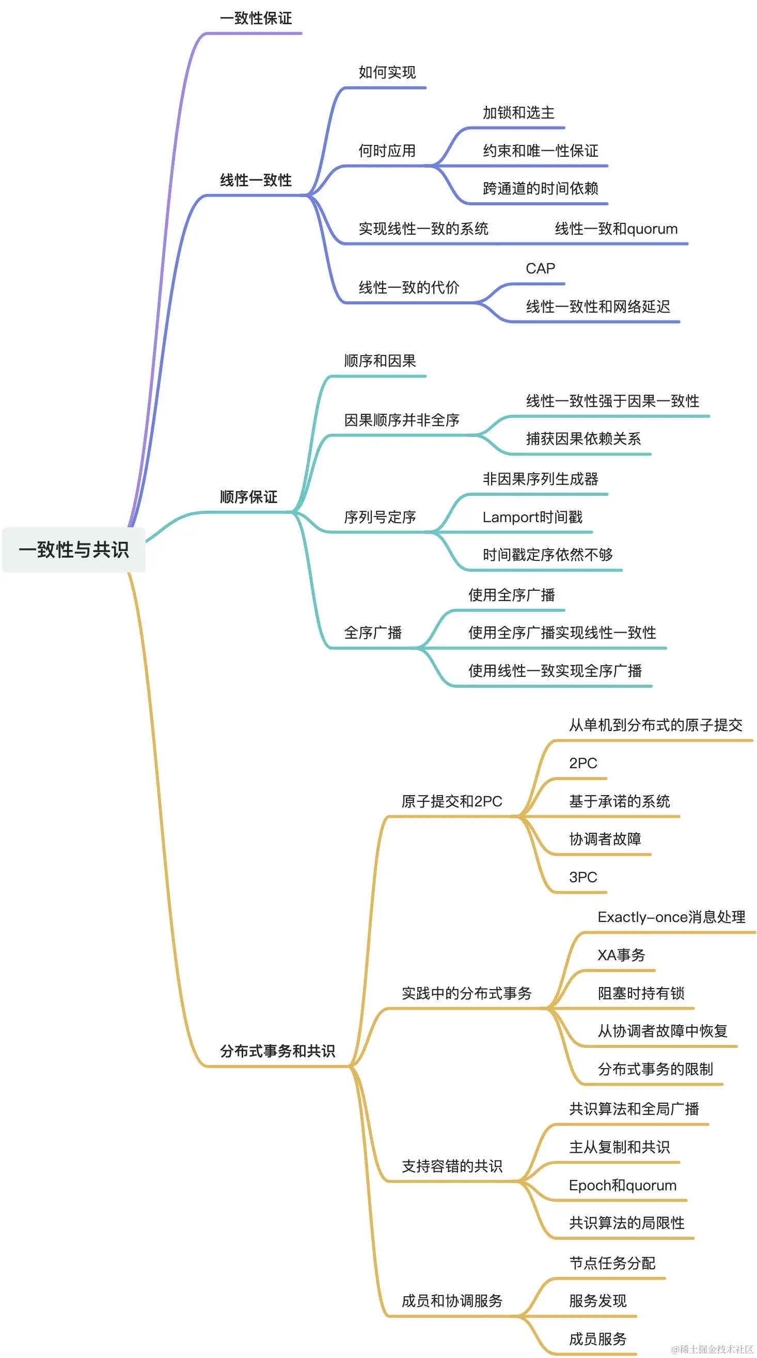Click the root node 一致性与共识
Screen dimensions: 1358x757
74,549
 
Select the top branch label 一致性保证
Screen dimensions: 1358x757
256,19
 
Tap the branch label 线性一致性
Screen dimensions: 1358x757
256,180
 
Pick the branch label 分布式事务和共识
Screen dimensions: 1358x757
277,1050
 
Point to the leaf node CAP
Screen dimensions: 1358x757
540,269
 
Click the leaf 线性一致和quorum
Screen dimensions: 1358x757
616,229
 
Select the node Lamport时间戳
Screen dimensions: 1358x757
532,517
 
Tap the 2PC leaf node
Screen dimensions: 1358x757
583,763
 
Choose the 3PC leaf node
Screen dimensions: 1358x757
583,877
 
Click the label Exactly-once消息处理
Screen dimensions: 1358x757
671,917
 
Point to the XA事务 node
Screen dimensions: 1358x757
621,955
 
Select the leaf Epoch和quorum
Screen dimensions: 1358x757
622,1186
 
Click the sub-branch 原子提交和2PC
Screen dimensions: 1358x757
451,801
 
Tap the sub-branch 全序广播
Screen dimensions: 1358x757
373,633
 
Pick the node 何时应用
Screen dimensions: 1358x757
387,151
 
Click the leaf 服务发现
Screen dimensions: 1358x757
597,1301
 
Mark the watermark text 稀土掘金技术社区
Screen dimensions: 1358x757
713,1349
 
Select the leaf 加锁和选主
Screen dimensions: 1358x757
518,113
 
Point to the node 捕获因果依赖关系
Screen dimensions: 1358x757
583,439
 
